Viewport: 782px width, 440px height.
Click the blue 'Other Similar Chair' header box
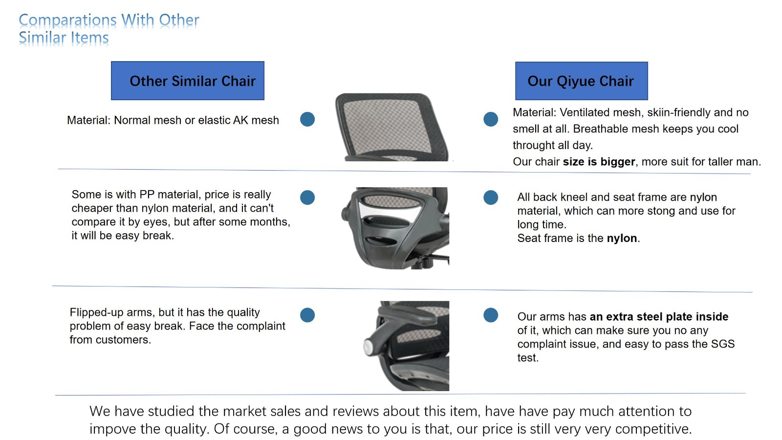(188, 81)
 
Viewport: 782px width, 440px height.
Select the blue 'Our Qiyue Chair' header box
(581, 81)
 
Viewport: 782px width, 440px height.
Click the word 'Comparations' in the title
(67, 20)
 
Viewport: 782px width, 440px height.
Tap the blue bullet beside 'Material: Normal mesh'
(307, 119)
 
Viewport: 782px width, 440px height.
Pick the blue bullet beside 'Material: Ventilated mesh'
(491, 119)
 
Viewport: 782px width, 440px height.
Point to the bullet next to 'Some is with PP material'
(307, 198)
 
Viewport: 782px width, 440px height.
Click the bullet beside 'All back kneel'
(491, 198)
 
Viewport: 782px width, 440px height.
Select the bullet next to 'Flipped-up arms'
(307, 315)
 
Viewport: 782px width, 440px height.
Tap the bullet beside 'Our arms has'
(491, 315)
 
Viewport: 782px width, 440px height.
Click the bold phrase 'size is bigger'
(599, 162)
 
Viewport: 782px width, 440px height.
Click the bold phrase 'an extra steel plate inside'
(659, 316)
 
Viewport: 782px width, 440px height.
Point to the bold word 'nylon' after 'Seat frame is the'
(622, 238)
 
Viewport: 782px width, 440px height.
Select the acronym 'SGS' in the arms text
(722, 344)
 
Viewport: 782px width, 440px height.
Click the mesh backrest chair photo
(391, 127)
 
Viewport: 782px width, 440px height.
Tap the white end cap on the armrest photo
(369, 347)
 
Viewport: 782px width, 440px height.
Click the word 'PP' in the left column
(147, 195)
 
